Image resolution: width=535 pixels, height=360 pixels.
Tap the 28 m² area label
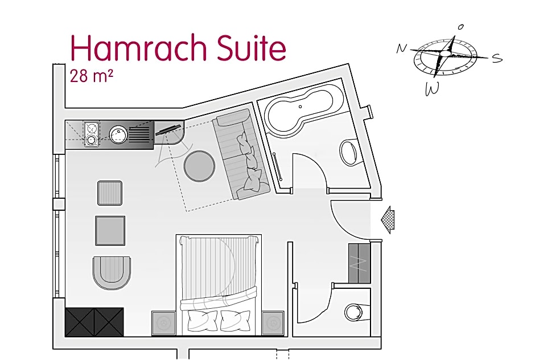point(91,76)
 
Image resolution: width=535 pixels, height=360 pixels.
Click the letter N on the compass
point(402,48)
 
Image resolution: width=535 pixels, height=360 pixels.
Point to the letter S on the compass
point(497,59)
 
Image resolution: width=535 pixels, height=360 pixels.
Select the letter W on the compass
point(432,89)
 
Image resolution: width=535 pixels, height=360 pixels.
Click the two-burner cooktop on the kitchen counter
point(92,134)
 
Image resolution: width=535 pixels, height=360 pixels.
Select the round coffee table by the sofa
point(199,166)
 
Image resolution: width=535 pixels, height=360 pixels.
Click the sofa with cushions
point(241,154)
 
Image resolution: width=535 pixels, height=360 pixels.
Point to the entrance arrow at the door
point(388,220)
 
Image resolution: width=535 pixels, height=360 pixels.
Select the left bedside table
point(163,323)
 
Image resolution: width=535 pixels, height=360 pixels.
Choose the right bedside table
point(273,323)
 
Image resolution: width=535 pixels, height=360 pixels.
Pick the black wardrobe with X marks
point(94,322)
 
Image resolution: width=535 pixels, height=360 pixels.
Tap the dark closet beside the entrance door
point(359,263)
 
